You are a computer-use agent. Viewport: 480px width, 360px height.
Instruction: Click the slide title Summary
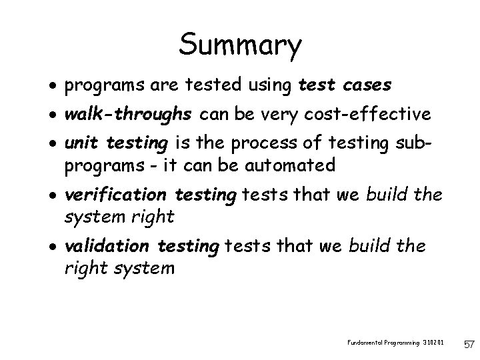[240, 45]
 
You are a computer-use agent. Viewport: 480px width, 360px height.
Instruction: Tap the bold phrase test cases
[345, 86]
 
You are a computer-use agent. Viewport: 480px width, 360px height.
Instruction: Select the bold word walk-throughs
[128, 115]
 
